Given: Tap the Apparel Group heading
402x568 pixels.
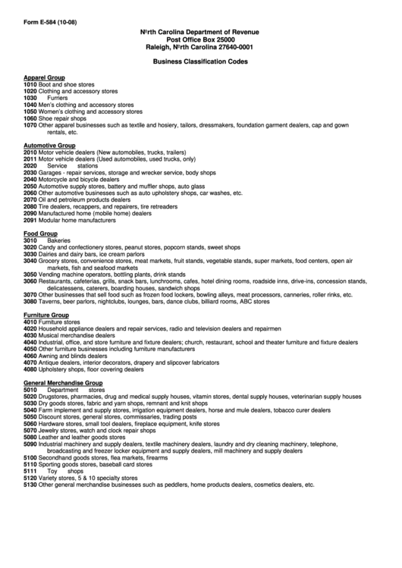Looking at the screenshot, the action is tap(44, 77).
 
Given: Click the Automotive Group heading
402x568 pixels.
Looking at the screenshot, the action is tap(49, 145).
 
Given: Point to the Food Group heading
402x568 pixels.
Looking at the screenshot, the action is tap(40, 234).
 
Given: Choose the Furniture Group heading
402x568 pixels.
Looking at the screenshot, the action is tap(47, 314).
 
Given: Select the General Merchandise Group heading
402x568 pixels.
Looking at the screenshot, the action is tap(63, 384).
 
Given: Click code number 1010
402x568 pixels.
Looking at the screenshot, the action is tap(30, 84).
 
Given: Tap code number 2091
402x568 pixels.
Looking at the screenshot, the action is tap(30, 220).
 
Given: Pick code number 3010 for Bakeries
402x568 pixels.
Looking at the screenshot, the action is tap(30, 240).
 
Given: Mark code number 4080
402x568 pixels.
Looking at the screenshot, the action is tap(30, 369).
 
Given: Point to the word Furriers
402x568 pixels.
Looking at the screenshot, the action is tap(57, 98).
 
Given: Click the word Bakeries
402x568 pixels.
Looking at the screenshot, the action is tap(58, 240).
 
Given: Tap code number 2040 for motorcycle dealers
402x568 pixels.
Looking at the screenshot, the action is tap(30, 179).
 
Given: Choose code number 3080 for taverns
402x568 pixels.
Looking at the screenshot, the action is tap(30, 301).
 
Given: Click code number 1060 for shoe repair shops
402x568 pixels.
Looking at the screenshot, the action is tap(30, 118).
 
